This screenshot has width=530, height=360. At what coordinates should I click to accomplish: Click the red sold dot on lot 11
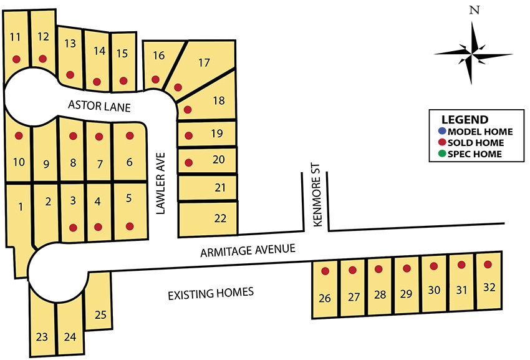[x=17, y=59]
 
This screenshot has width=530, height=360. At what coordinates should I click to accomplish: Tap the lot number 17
[x=204, y=62]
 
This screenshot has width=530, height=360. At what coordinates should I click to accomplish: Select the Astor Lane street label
[x=99, y=107]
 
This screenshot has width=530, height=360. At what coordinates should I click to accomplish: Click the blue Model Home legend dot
[x=442, y=131]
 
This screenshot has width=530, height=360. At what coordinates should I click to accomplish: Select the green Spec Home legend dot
[x=442, y=153]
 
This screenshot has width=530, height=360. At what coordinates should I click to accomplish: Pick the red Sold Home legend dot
[x=442, y=142]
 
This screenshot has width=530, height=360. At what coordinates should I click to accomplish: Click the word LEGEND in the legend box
[x=465, y=120]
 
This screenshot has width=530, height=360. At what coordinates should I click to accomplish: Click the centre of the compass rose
[x=475, y=53]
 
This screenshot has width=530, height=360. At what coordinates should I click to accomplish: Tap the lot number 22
[x=220, y=218]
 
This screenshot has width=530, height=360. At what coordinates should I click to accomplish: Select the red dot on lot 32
[x=488, y=264]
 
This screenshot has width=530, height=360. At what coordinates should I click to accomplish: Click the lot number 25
[x=100, y=315]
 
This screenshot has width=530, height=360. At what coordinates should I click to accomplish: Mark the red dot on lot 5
[x=130, y=226]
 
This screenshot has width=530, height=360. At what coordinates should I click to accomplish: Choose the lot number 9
[x=46, y=165]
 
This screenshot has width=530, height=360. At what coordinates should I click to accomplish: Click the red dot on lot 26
[x=325, y=271]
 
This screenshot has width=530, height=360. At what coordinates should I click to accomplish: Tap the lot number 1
[x=20, y=207]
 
